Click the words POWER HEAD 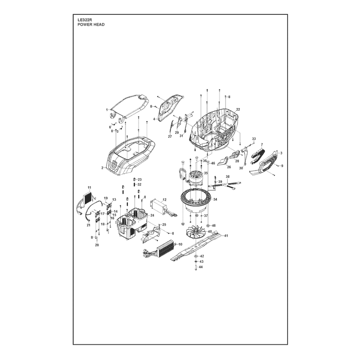[x=91, y=25]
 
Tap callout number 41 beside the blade [x=226, y=235]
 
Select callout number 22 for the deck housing [x=238, y=109]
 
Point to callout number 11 [x=89, y=188]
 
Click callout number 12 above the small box [x=164, y=200]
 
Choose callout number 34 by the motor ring [x=215, y=199]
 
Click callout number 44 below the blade [x=201, y=267]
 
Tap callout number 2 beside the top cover [x=103, y=168]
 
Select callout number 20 [x=97, y=245]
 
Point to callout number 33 [x=254, y=139]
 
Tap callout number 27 [x=170, y=137]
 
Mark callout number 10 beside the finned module [x=180, y=244]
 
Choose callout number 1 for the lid [x=107, y=110]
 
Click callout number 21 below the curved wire [x=88, y=225]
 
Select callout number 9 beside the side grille [x=282, y=166]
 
